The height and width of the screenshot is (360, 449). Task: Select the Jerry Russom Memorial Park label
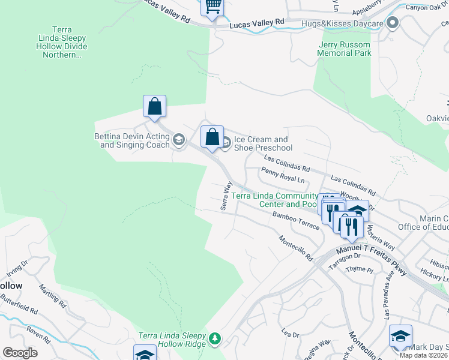coord(345,49)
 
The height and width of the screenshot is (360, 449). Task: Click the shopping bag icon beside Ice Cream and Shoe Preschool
coord(212,137)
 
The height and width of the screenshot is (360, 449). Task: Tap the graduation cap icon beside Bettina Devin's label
coord(178,140)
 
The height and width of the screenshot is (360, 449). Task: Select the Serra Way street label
coord(226,196)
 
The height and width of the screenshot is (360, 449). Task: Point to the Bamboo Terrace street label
coord(296,218)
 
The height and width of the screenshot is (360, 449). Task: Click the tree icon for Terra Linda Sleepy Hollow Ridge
coord(214,340)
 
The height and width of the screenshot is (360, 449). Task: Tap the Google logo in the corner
coord(20,353)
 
